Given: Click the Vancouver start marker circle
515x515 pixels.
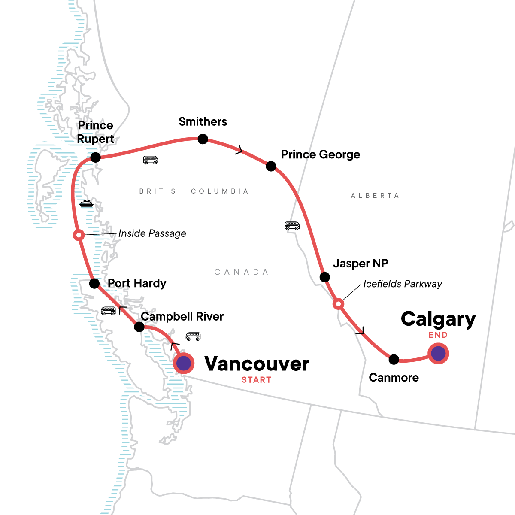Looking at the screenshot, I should pyautogui.click(x=184, y=364).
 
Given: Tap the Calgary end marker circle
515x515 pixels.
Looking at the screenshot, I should pyautogui.click(x=438, y=354).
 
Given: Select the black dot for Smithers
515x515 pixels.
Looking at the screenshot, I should pyautogui.click(x=203, y=139).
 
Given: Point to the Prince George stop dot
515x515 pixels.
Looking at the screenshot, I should pyautogui.click(x=271, y=166).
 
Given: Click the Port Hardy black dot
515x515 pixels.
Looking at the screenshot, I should pyautogui.click(x=94, y=284).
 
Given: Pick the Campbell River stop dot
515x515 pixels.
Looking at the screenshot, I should pyautogui.click(x=139, y=327).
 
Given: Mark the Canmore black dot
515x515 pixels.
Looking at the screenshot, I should pyautogui.click(x=394, y=359).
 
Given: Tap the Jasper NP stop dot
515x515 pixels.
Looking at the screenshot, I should pyautogui.click(x=325, y=277).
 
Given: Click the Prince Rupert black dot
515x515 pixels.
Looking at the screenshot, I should pyautogui.click(x=95, y=158).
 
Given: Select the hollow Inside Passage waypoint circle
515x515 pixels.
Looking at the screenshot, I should pyautogui.click(x=79, y=235).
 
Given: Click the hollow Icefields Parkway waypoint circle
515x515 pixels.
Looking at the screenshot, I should pyautogui.click(x=338, y=304).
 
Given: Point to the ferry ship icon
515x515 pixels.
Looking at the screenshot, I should pyautogui.click(x=86, y=203).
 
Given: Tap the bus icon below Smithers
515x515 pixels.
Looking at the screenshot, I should pyautogui.click(x=150, y=160).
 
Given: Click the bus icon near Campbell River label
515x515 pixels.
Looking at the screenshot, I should pyautogui.click(x=193, y=336).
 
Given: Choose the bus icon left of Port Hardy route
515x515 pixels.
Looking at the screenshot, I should pyautogui.click(x=108, y=311).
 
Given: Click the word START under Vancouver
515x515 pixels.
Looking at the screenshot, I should pyautogui.click(x=256, y=380).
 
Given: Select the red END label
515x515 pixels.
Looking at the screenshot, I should pyautogui.click(x=438, y=335).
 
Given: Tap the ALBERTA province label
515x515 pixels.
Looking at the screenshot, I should pyautogui.click(x=375, y=196).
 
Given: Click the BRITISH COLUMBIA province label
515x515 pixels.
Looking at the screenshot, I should pyautogui.click(x=194, y=191).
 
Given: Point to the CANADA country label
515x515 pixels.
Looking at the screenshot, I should pyautogui.click(x=241, y=272).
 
